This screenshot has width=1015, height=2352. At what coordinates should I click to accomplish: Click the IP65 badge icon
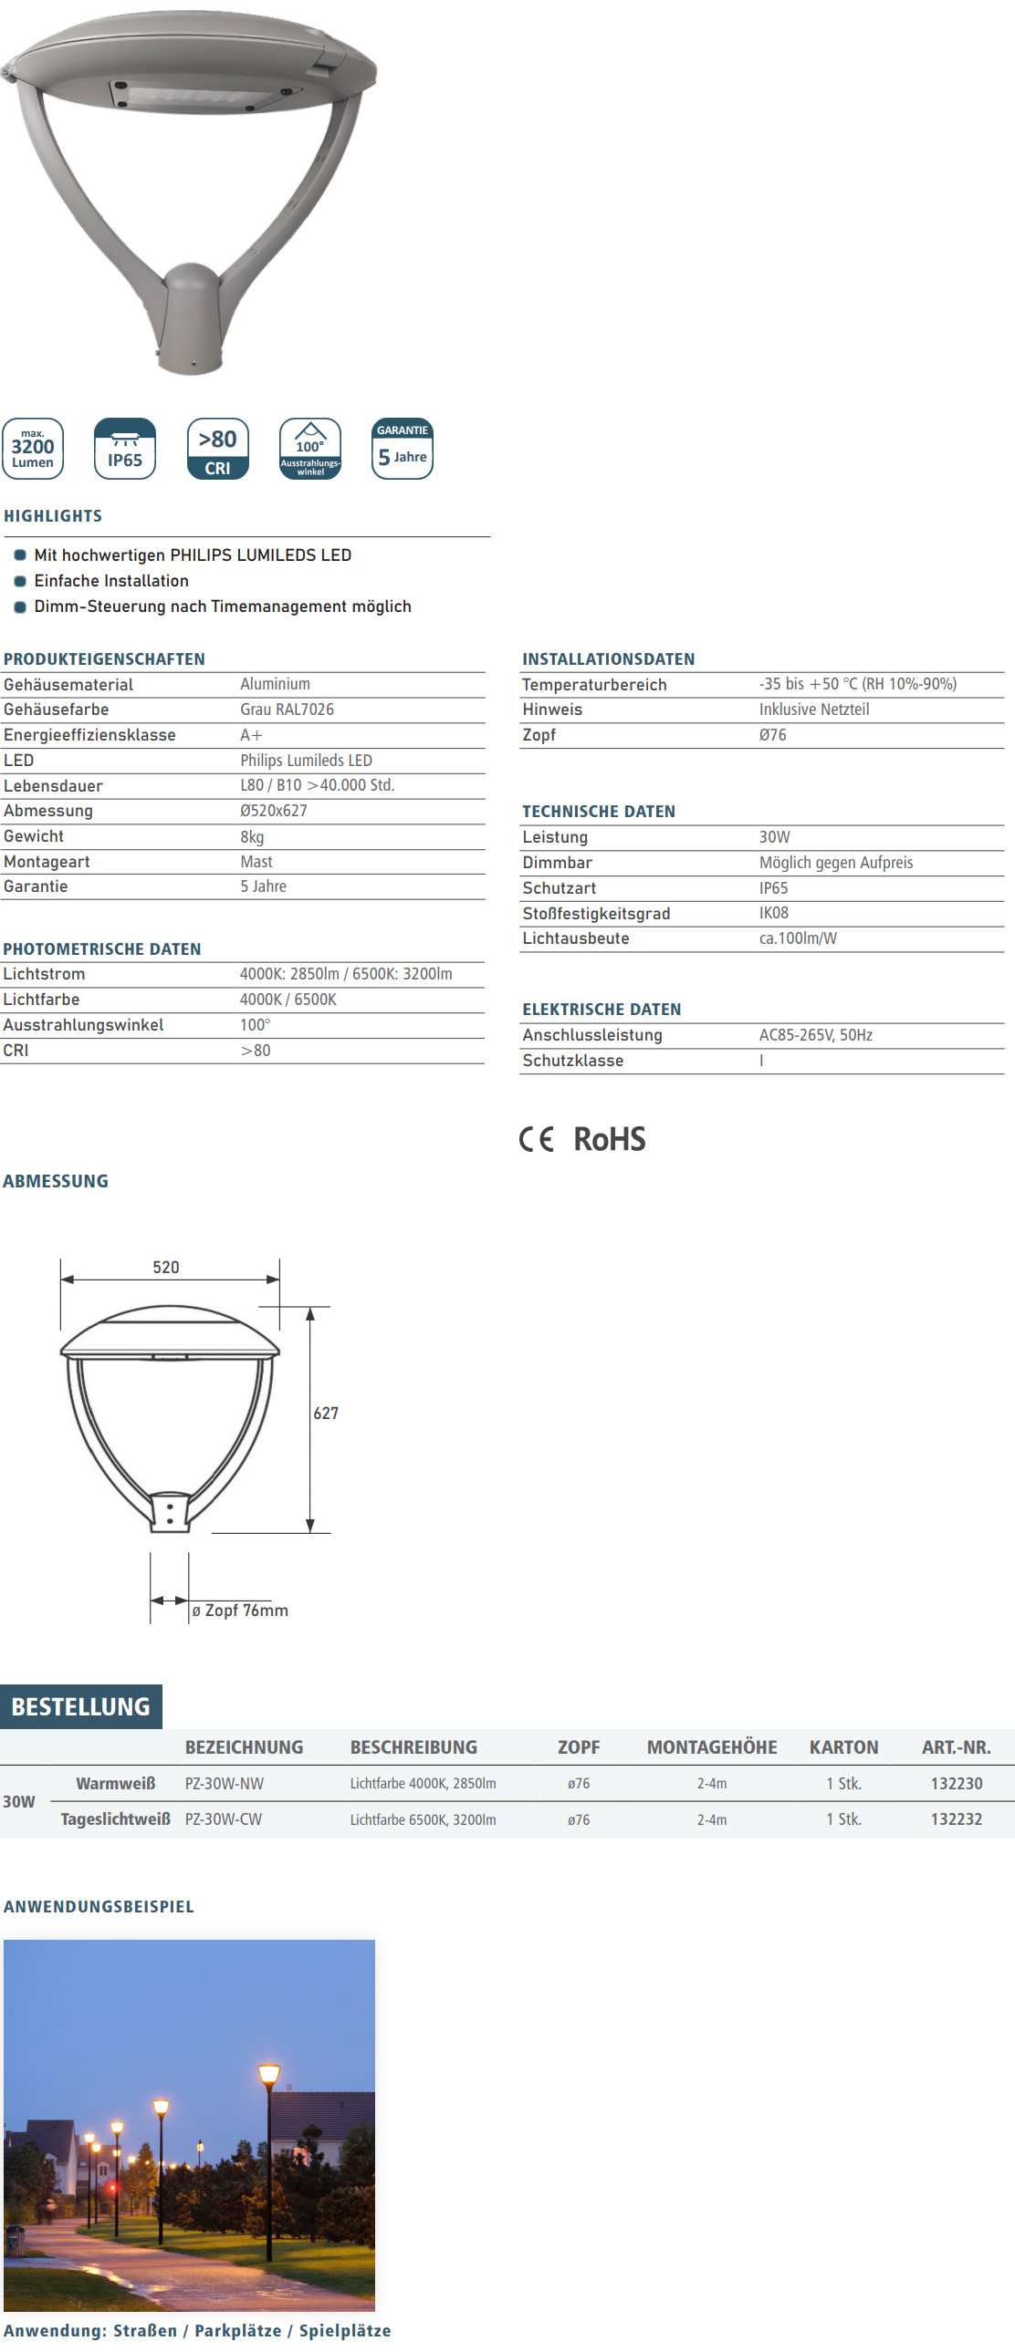125,449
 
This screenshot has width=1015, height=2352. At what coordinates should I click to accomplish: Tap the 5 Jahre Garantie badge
402,449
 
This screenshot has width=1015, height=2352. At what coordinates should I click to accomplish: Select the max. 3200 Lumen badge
33,449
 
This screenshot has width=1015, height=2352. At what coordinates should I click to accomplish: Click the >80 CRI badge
217,449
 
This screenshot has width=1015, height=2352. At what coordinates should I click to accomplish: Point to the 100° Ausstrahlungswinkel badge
309,449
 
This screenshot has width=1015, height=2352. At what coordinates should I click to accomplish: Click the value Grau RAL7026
287,710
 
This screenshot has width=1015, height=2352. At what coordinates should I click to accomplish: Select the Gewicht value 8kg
252,836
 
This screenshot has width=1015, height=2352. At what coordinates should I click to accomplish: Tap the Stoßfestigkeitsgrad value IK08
773,913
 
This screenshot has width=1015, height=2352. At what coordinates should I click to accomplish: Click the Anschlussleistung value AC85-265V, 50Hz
815,1034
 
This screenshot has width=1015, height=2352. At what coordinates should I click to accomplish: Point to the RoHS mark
610,1139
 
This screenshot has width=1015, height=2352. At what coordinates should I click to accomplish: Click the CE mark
537,1139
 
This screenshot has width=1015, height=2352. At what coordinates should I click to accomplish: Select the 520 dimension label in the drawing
165,1268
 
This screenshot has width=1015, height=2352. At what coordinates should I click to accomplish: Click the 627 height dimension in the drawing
326,1414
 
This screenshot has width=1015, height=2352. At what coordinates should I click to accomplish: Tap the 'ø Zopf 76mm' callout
240,1611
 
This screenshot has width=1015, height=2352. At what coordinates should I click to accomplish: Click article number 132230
957,1783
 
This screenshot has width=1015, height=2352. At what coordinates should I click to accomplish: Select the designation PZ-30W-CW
223,1818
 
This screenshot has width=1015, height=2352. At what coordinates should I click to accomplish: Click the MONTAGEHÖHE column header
712,1746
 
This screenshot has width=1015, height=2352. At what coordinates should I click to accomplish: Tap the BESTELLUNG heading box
81,1706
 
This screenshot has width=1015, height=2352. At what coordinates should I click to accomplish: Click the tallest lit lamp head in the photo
268,2075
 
